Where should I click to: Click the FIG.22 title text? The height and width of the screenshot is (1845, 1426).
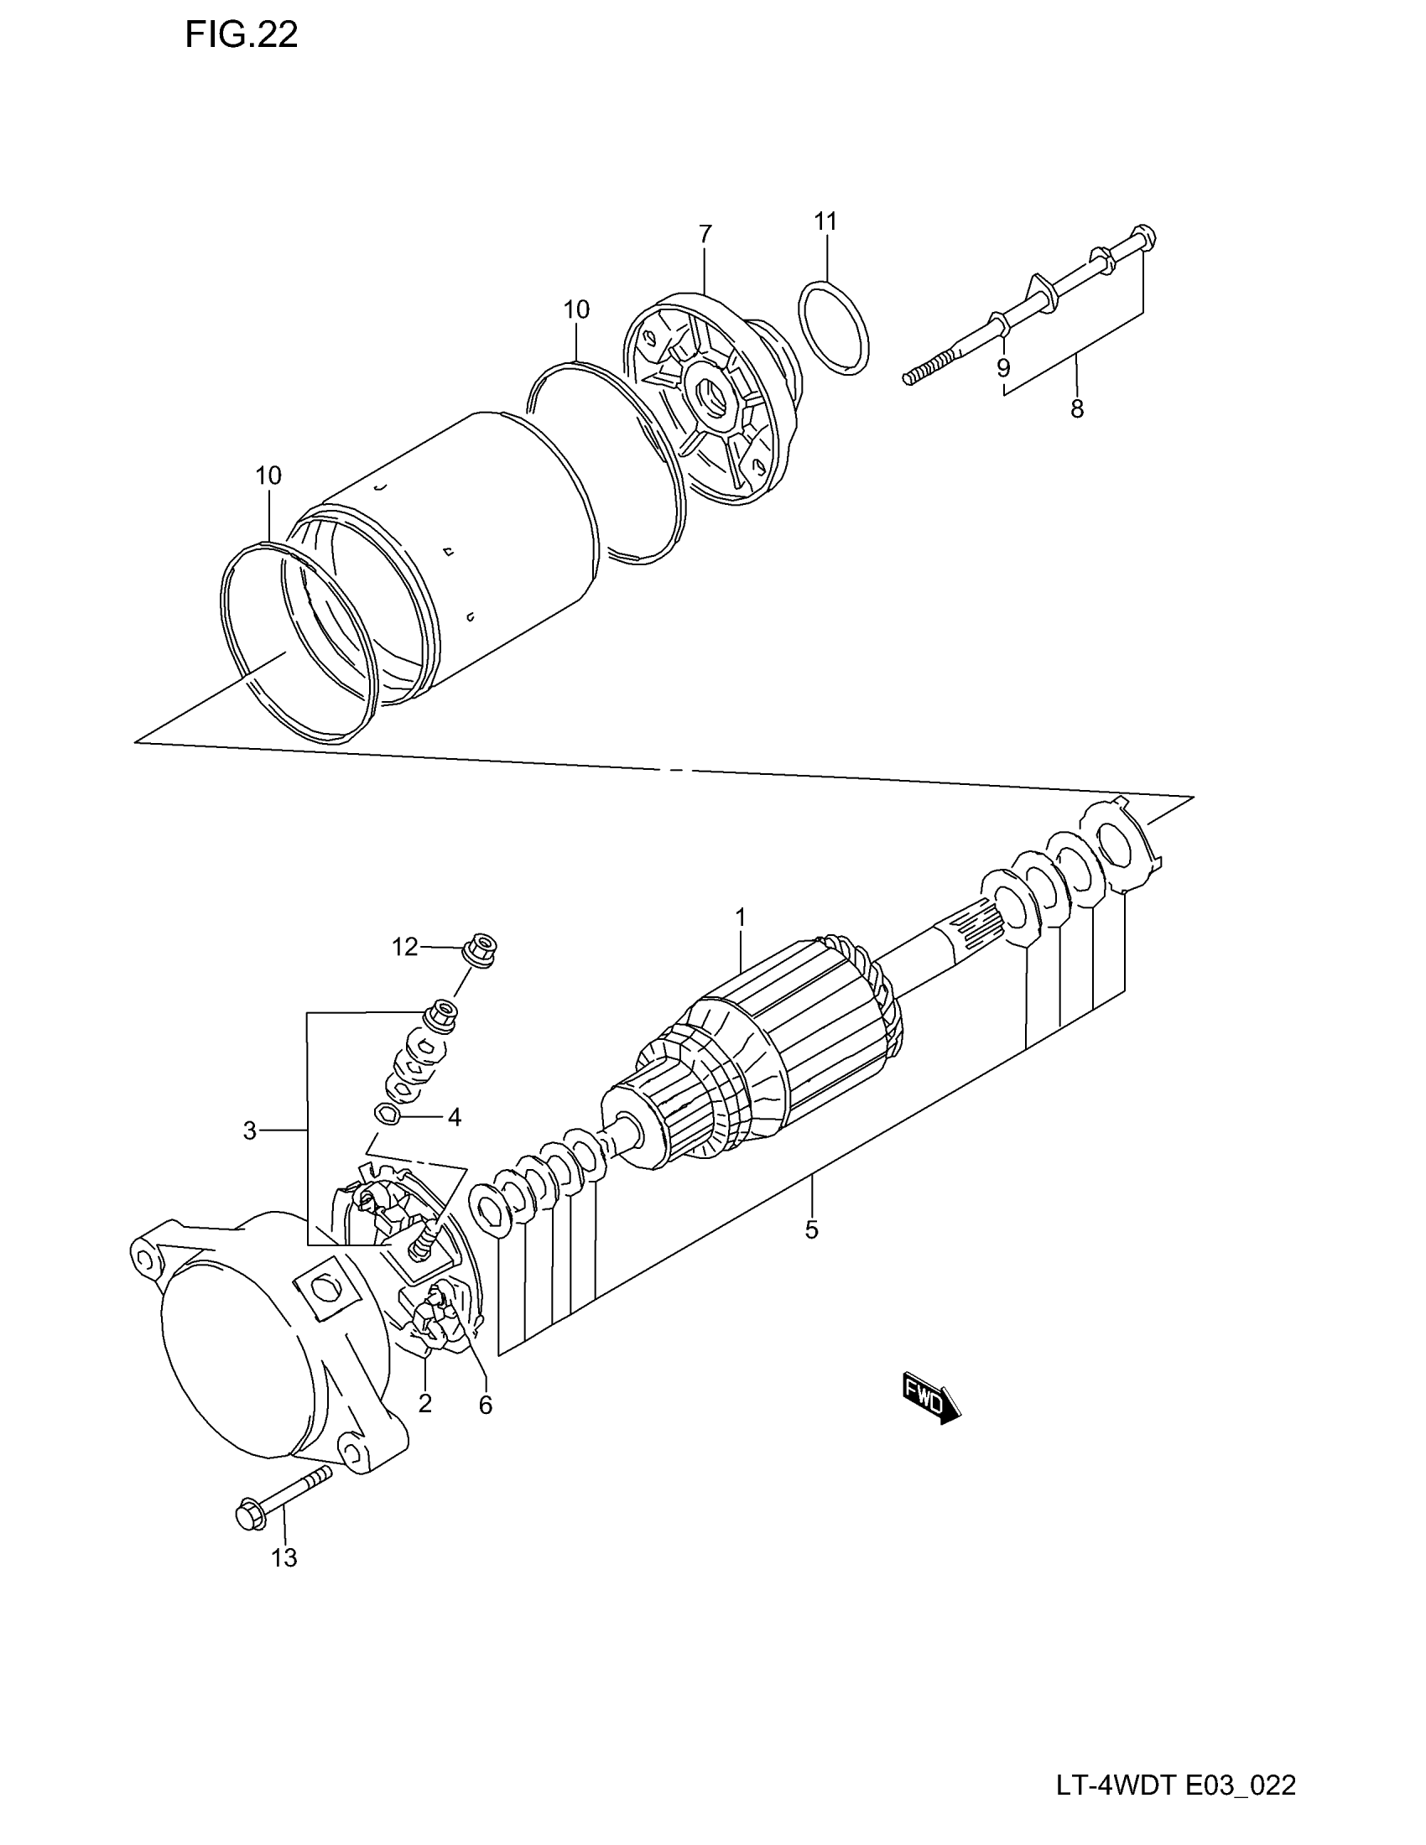[242, 35]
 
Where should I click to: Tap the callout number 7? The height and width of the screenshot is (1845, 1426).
[705, 234]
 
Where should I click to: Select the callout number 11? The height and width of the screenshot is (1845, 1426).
[825, 221]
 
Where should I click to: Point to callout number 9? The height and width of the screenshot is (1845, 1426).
[1002, 367]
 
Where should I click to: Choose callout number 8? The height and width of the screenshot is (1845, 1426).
[1077, 409]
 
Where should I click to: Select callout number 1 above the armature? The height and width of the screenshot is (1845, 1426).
[740, 917]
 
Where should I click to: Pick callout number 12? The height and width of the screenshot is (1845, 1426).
[404, 947]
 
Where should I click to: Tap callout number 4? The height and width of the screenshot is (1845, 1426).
[454, 1118]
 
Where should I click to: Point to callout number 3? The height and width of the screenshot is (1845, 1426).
[249, 1130]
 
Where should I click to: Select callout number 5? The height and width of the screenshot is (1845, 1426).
[811, 1230]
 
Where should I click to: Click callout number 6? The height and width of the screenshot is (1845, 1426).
[485, 1404]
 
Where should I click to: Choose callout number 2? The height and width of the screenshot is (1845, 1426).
[425, 1403]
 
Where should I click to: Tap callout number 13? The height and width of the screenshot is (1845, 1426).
[284, 1557]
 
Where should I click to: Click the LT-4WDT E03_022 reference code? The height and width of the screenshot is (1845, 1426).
[1175, 1785]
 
